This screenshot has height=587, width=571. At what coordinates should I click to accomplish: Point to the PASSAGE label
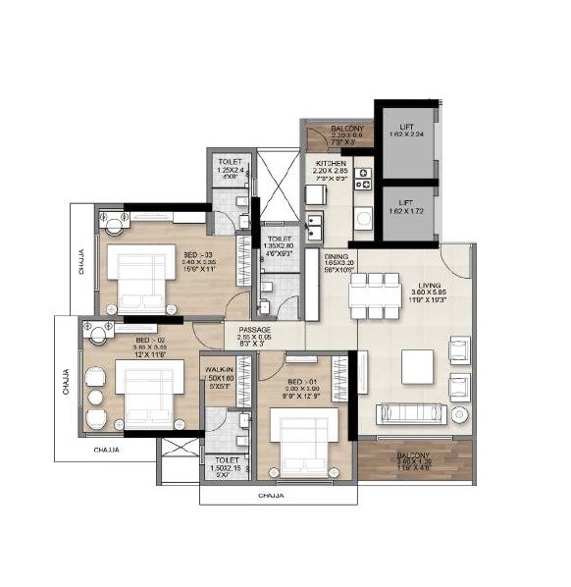pos(255,331)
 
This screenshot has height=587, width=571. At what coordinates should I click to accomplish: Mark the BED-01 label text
pos(301,380)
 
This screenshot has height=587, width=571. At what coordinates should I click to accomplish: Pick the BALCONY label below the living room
pos(413,456)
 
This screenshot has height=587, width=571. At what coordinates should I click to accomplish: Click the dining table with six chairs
pos(374,295)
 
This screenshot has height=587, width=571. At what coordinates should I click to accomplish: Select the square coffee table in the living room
pos(417,367)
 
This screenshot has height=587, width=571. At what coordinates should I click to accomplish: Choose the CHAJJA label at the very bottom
pos(271,496)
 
